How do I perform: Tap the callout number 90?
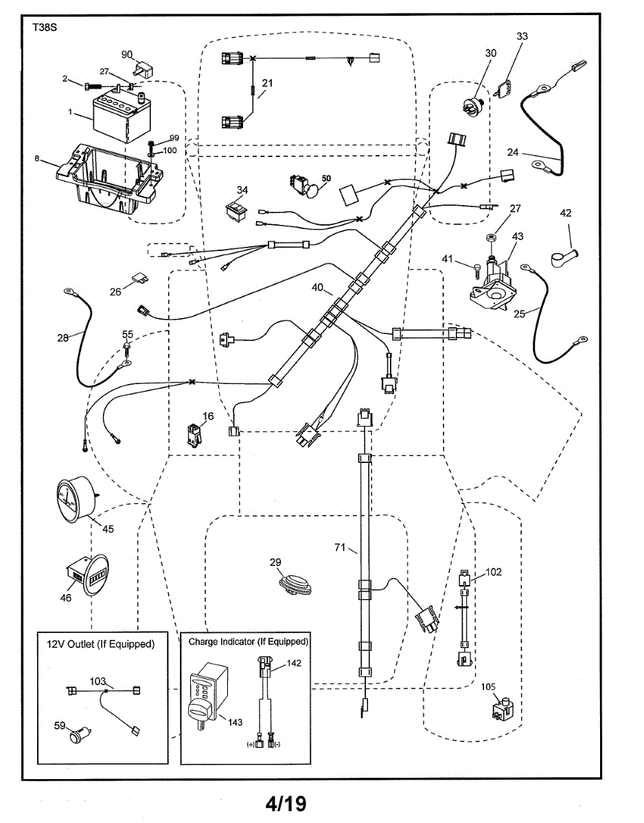click(x=126, y=54)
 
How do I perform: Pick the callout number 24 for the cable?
click(x=514, y=152)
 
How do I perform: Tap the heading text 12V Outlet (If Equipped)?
click(x=100, y=644)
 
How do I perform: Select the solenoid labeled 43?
click(x=496, y=281)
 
